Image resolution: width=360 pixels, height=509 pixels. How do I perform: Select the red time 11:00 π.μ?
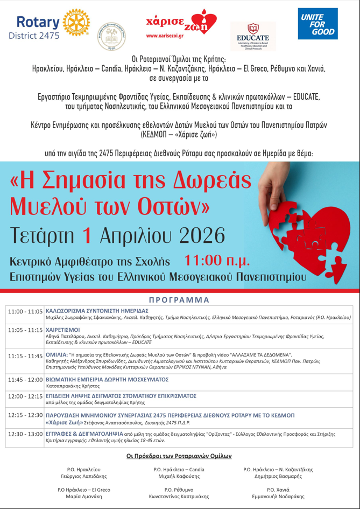click(217, 261)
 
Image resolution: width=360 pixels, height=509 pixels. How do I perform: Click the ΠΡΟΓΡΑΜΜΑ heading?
click(180, 300)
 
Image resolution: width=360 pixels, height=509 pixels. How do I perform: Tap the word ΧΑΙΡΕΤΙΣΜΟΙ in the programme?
click(63, 329)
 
